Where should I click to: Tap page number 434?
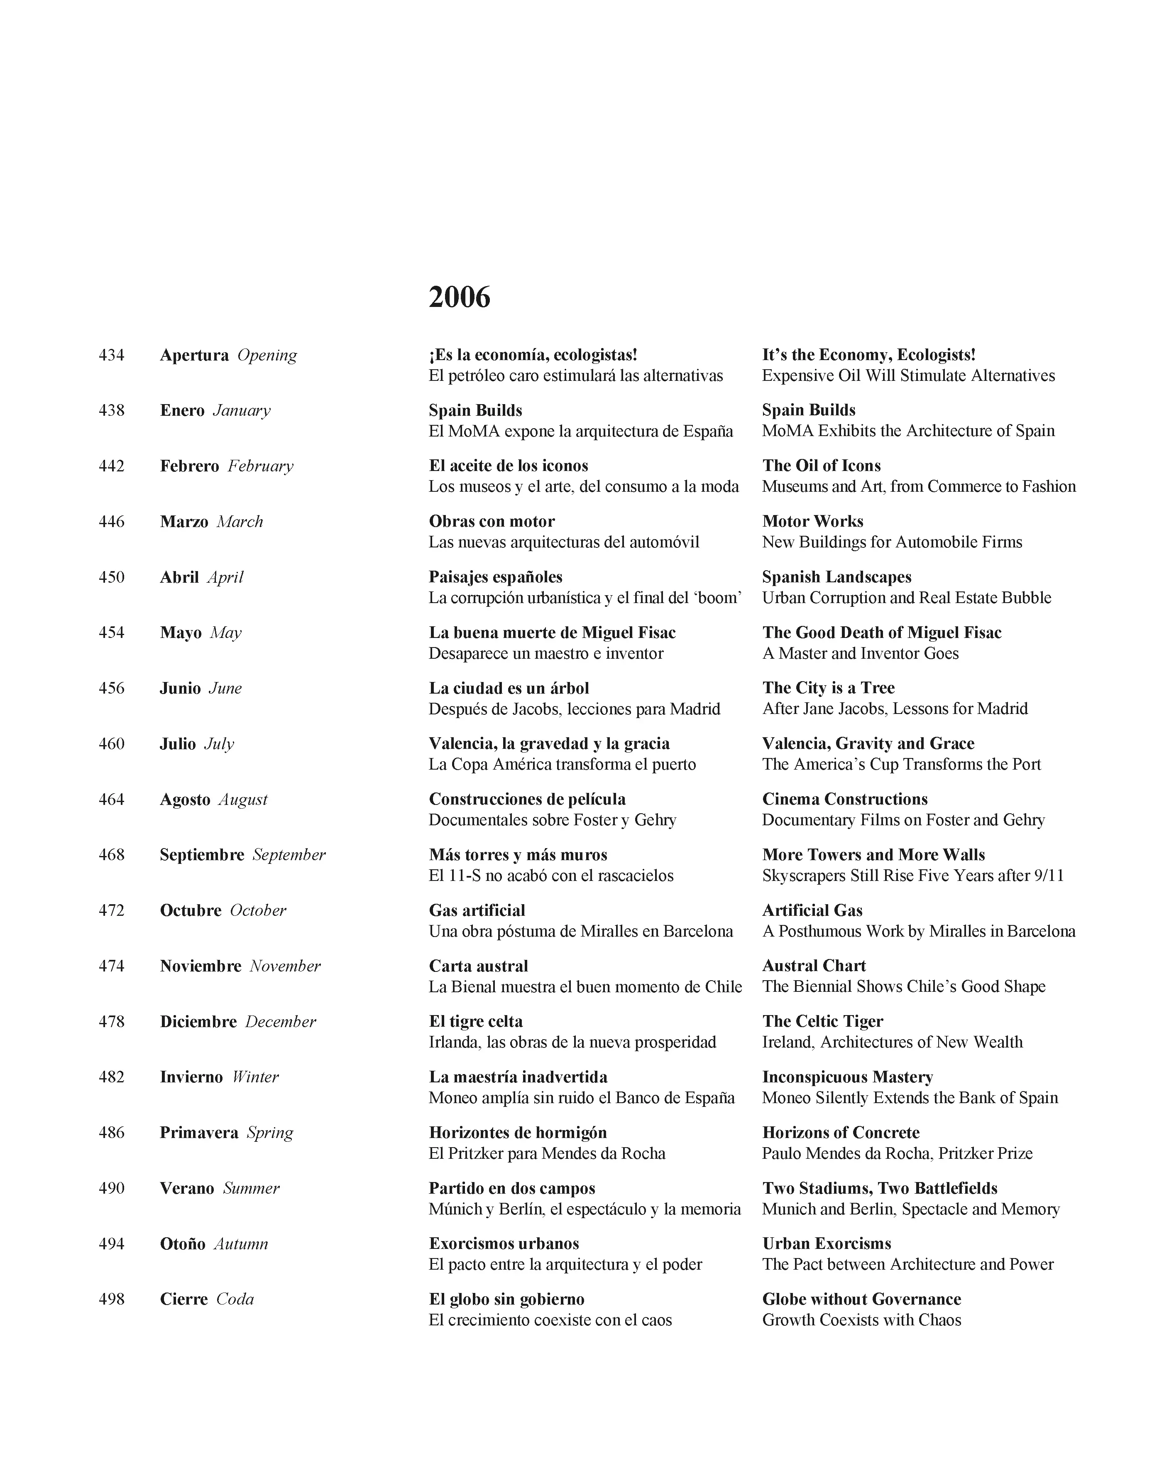click(112, 355)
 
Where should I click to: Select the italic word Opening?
click(267, 355)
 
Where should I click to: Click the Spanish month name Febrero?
click(189, 466)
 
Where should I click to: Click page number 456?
click(112, 688)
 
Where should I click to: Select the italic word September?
click(289, 855)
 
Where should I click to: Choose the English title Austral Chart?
click(814, 966)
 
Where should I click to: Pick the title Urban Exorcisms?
click(827, 1243)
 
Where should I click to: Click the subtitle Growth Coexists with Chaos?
click(861, 1320)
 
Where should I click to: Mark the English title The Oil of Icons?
click(821, 466)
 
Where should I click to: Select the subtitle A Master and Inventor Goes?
click(860, 653)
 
